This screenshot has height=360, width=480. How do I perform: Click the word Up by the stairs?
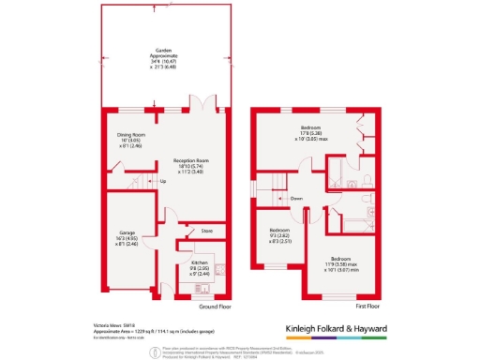coord(163,181)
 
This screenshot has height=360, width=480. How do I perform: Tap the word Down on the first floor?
coord(296,198)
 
